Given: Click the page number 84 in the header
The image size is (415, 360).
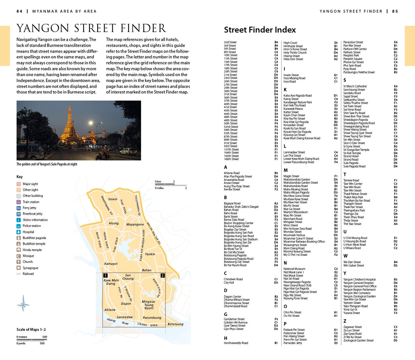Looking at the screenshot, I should (x=19, y=11).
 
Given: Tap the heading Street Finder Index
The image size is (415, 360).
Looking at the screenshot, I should (x=260, y=30).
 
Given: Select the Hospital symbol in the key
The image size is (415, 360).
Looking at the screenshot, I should (x=19, y=232).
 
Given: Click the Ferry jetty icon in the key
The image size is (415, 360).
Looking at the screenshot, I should (x=19, y=208).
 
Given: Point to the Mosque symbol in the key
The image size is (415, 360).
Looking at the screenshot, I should (x=19, y=256).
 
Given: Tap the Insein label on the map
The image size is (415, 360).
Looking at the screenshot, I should (x=113, y=199).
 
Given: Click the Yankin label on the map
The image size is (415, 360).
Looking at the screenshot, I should (x=150, y=254).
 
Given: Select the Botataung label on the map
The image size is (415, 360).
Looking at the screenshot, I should (x=175, y=324).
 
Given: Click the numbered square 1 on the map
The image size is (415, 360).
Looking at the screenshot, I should (x=105, y=275).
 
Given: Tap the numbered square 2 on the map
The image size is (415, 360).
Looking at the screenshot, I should (x=163, y=275).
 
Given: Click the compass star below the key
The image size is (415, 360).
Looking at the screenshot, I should (x=23, y=303).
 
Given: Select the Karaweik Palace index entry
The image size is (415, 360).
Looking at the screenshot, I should (x=293, y=109).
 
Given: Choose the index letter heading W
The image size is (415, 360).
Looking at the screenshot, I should (x=345, y=256).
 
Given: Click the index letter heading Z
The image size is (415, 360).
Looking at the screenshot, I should (x=345, y=321).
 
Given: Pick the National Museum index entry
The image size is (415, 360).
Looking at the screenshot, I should (x=294, y=269).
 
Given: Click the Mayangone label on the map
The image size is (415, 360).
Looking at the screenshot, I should (x=135, y=224).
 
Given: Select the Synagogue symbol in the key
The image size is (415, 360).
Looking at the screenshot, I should (x=19, y=268).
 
